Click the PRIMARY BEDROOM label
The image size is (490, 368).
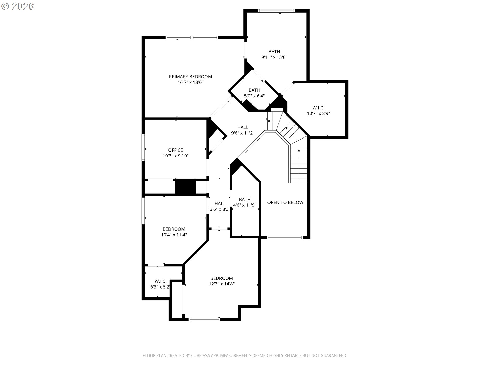tap(190, 77)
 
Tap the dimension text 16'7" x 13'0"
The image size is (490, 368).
tap(190, 83)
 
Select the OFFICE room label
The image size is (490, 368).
tap(176, 150)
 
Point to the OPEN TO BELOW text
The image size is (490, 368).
tap(285, 202)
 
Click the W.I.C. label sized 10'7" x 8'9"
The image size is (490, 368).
tap(318, 108)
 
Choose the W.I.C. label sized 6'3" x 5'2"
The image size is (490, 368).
tap(161, 281)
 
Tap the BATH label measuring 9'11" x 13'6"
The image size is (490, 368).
tap(274, 52)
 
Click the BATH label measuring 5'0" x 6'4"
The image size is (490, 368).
tap(254, 90)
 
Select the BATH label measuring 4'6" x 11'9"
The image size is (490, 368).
tap(244, 200)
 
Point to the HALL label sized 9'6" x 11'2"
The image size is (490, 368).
tap(243, 127)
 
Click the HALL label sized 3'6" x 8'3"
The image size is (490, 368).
tap(220, 204)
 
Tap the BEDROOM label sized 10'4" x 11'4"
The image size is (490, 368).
tap(174, 229)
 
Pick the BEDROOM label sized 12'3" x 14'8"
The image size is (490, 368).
tap(222, 278)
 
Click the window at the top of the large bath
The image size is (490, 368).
tap(276, 11)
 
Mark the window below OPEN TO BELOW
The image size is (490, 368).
tap(285, 238)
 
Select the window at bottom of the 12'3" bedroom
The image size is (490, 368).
tap(204, 319)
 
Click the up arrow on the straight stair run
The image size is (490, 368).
tap(299, 151)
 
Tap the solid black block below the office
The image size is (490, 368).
tap(186, 187)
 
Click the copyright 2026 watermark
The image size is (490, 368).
tap(18, 6)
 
